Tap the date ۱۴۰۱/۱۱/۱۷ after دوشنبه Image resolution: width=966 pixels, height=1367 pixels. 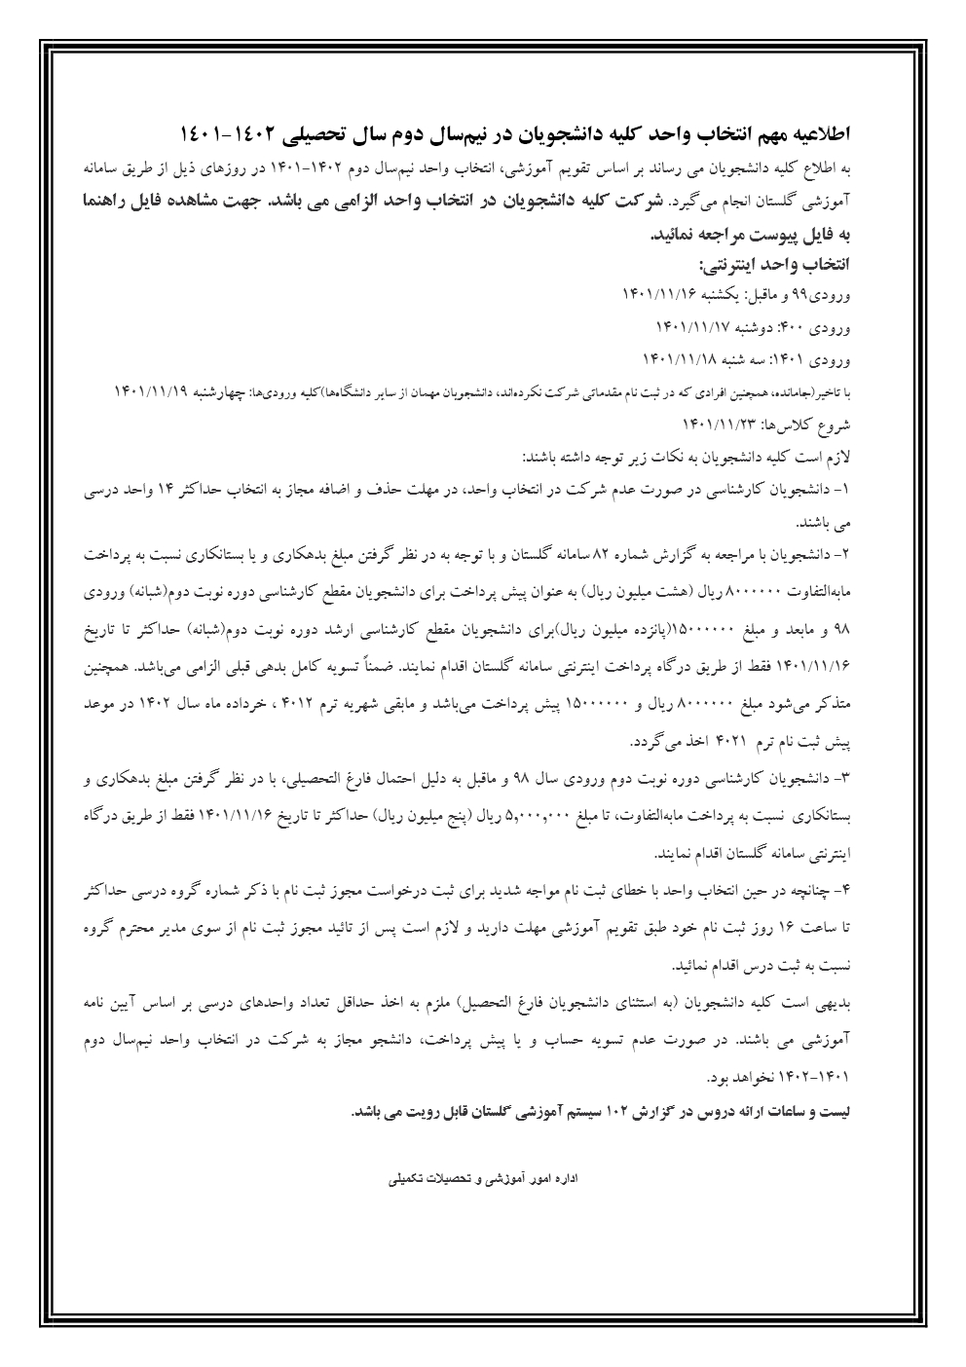[692, 325]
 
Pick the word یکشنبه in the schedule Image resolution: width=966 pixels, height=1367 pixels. [715, 293]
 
